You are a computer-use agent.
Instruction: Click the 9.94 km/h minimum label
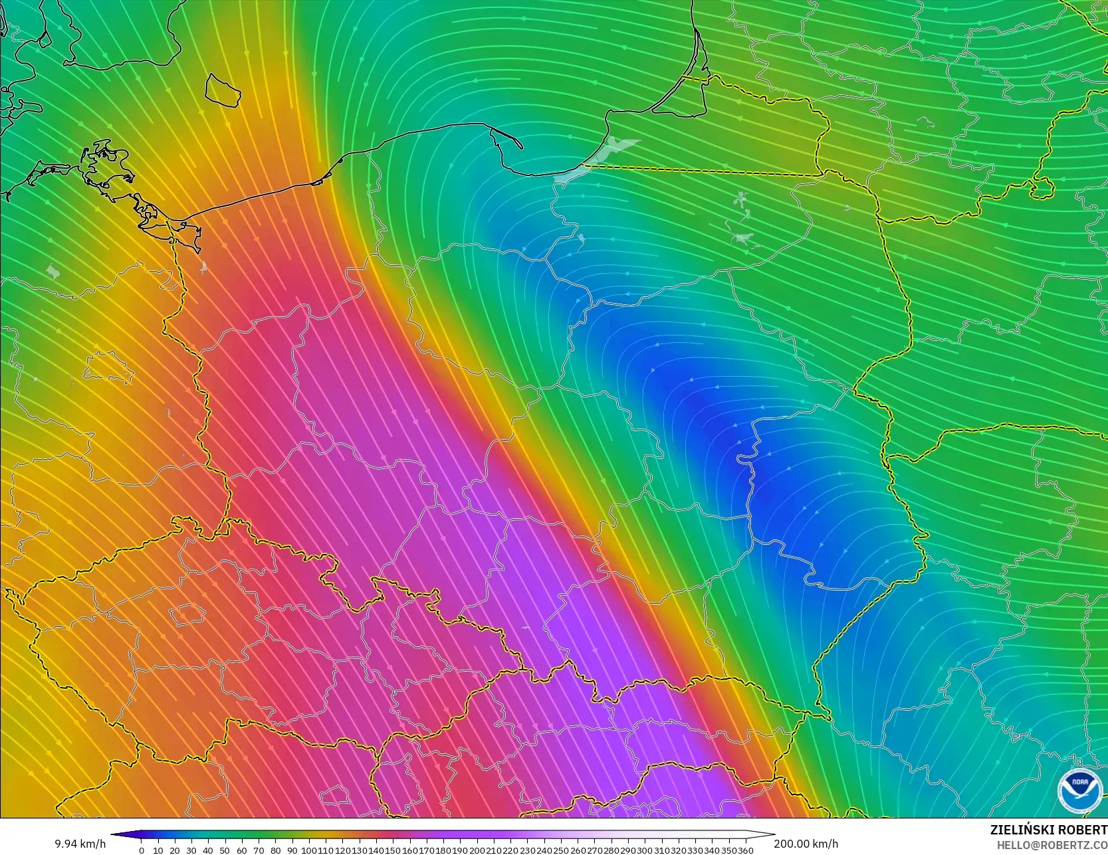(x=80, y=844)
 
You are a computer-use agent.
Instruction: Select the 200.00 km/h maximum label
(x=806, y=844)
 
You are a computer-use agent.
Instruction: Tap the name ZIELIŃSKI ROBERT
(x=1048, y=830)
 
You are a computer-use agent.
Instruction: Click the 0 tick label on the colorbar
(x=142, y=850)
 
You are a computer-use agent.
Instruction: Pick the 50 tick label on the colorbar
(x=225, y=850)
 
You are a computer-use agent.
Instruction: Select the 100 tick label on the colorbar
(x=308, y=850)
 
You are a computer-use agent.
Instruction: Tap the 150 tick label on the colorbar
(x=393, y=850)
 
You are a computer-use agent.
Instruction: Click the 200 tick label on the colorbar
(x=477, y=850)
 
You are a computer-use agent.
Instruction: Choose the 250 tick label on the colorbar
(x=561, y=850)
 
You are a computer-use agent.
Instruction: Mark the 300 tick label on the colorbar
(x=645, y=850)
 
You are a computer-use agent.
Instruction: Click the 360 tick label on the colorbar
(x=745, y=850)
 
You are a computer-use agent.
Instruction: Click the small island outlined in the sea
(x=223, y=90)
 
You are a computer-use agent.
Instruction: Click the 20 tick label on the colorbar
(x=174, y=850)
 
